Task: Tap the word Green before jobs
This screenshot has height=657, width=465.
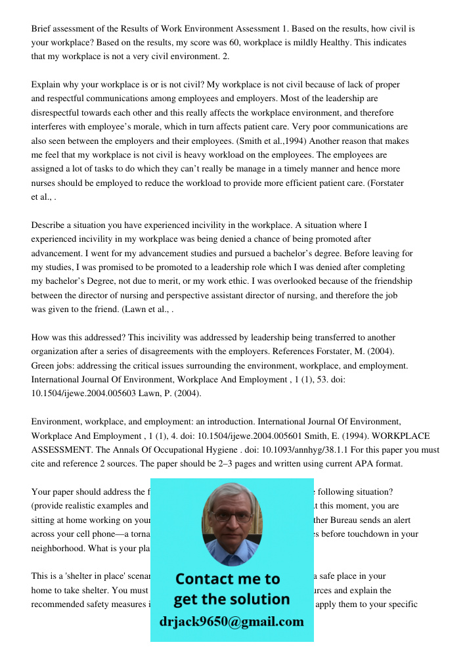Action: tap(43, 365)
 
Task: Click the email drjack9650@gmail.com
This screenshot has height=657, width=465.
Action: tap(232, 622)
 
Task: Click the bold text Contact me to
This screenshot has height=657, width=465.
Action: tap(228, 579)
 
